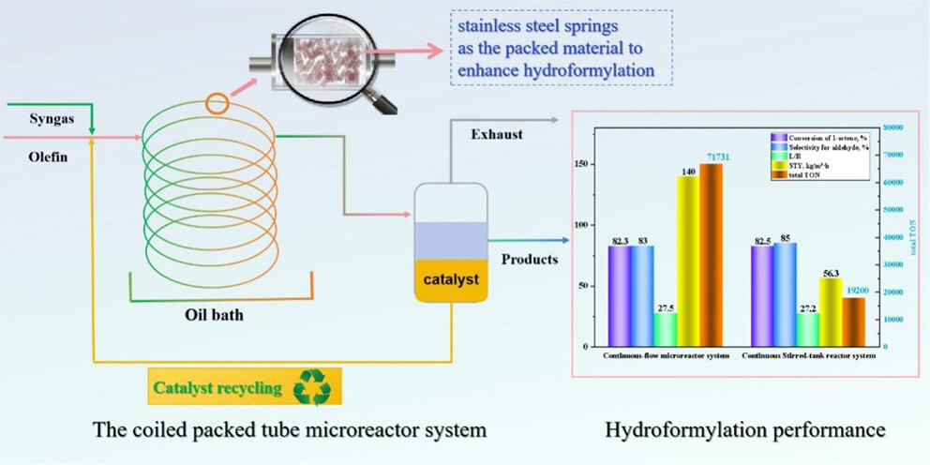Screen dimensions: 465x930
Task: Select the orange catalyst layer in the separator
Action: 452,279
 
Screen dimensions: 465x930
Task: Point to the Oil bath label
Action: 213,315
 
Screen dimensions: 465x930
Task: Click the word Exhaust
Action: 496,134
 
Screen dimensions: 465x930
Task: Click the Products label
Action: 531,259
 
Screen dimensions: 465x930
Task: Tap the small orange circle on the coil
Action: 217,103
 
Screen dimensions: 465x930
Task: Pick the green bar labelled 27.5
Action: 666,328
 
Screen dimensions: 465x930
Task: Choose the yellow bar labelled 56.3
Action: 831,311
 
